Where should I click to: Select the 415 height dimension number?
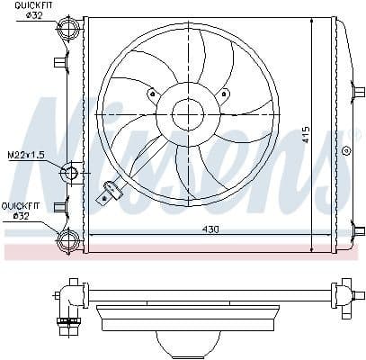(x=306, y=135)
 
